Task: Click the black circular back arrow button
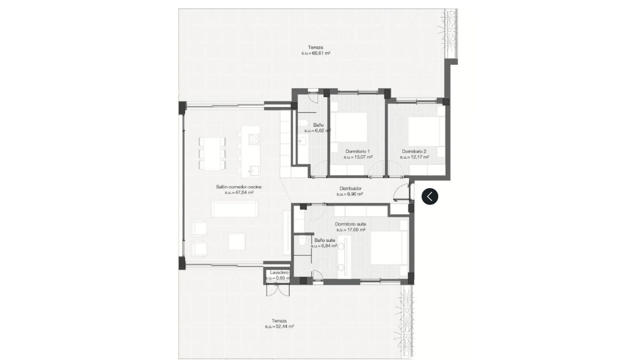tap(430, 196)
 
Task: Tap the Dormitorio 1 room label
tap(358, 151)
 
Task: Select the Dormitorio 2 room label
tap(414, 151)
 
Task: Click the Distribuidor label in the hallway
tap(350, 188)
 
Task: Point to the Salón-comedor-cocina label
tap(238, 187)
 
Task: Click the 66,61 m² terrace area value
tap(316, 53)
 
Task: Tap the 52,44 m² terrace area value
tap(279, 327)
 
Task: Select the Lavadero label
tap(279, 272)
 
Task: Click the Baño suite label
tap(325, 240)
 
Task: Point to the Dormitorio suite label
tap(350, 224)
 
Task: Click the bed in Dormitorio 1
tap(351, 127)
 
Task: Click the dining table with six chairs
tap(212, 153)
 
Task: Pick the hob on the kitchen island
tap(254, 139)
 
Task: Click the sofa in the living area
tap(235, 209)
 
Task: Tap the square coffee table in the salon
tap(237, 241)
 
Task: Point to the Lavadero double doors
tap(278, 290)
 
